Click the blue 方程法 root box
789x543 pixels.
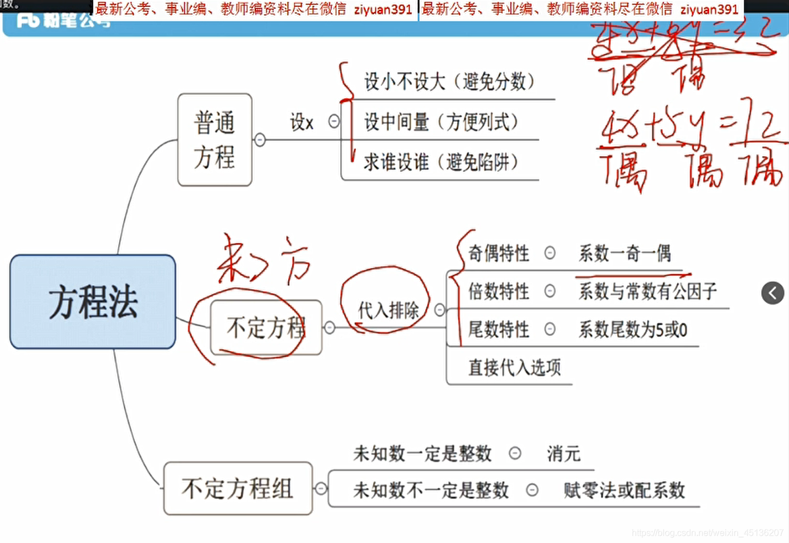93,302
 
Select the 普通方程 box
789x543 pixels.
214,140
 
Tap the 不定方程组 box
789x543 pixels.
238,488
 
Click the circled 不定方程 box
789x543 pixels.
266,328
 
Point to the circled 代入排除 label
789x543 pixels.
388,309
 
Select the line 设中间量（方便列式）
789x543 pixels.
441,121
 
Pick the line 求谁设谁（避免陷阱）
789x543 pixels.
440,162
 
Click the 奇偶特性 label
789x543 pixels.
498,253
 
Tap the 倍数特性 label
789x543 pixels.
498,291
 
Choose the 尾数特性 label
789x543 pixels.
498,329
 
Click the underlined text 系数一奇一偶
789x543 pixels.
624,253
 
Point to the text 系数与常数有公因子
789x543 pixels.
647,291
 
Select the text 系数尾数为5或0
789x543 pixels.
632,330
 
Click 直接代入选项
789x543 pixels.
514,367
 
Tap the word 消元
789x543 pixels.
563,454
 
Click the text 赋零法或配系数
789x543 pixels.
624,490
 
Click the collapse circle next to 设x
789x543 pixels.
334,121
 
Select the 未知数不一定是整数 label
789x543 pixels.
431,490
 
